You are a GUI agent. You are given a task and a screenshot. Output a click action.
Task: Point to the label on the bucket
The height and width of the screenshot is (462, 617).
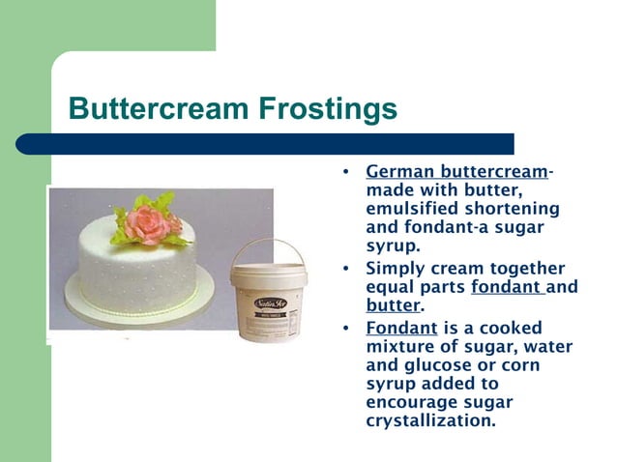click(x=267, y=292)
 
